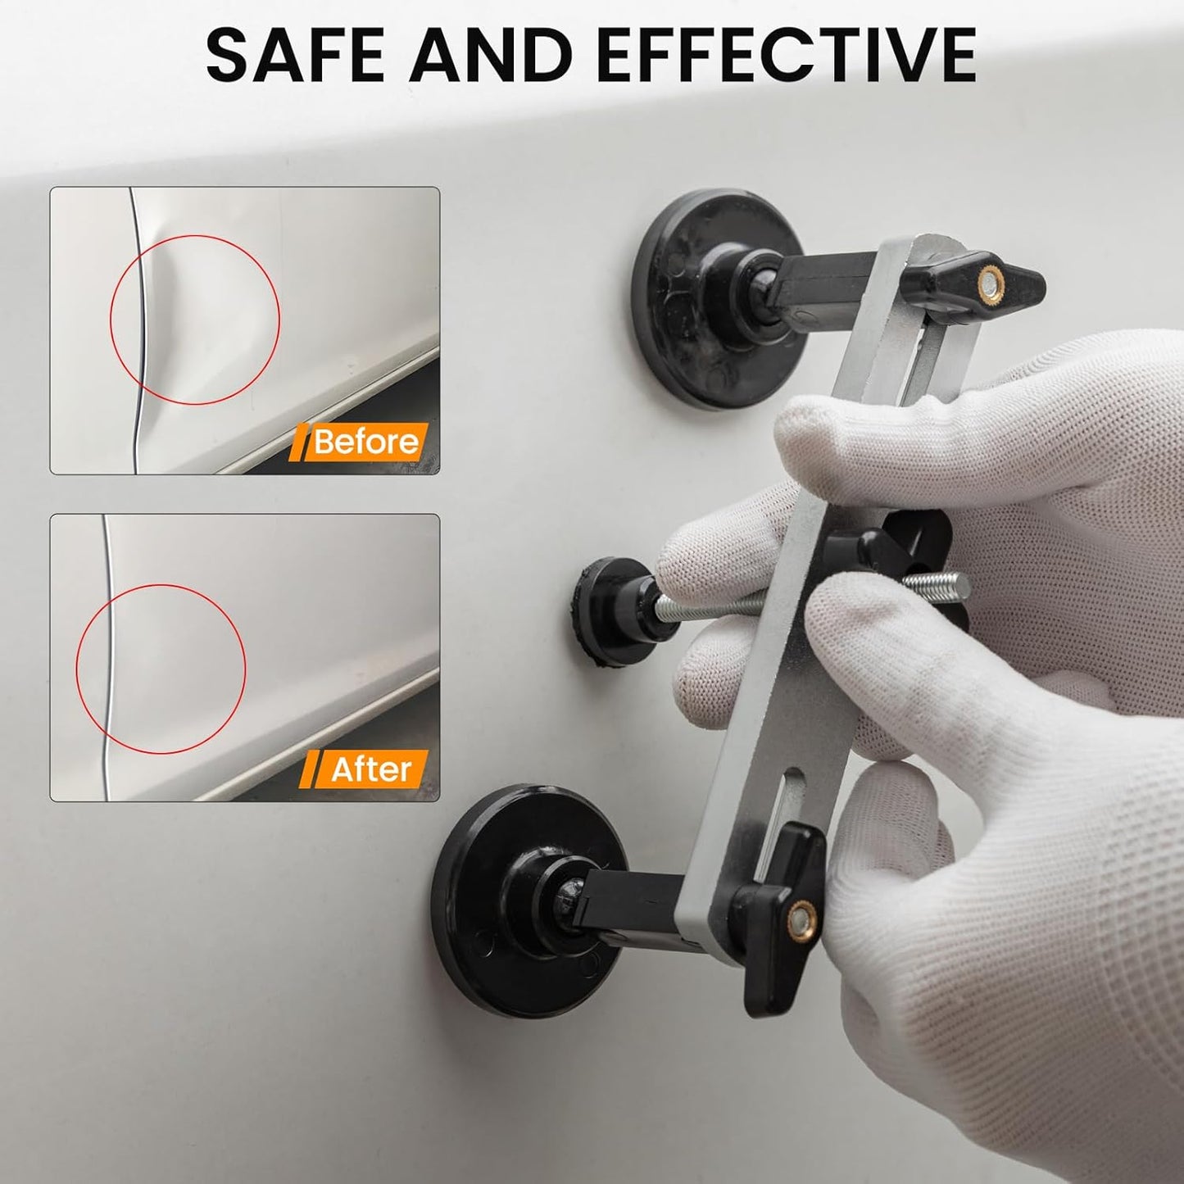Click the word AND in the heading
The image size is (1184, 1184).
[492, 55]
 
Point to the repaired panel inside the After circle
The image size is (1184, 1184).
[164, 668]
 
